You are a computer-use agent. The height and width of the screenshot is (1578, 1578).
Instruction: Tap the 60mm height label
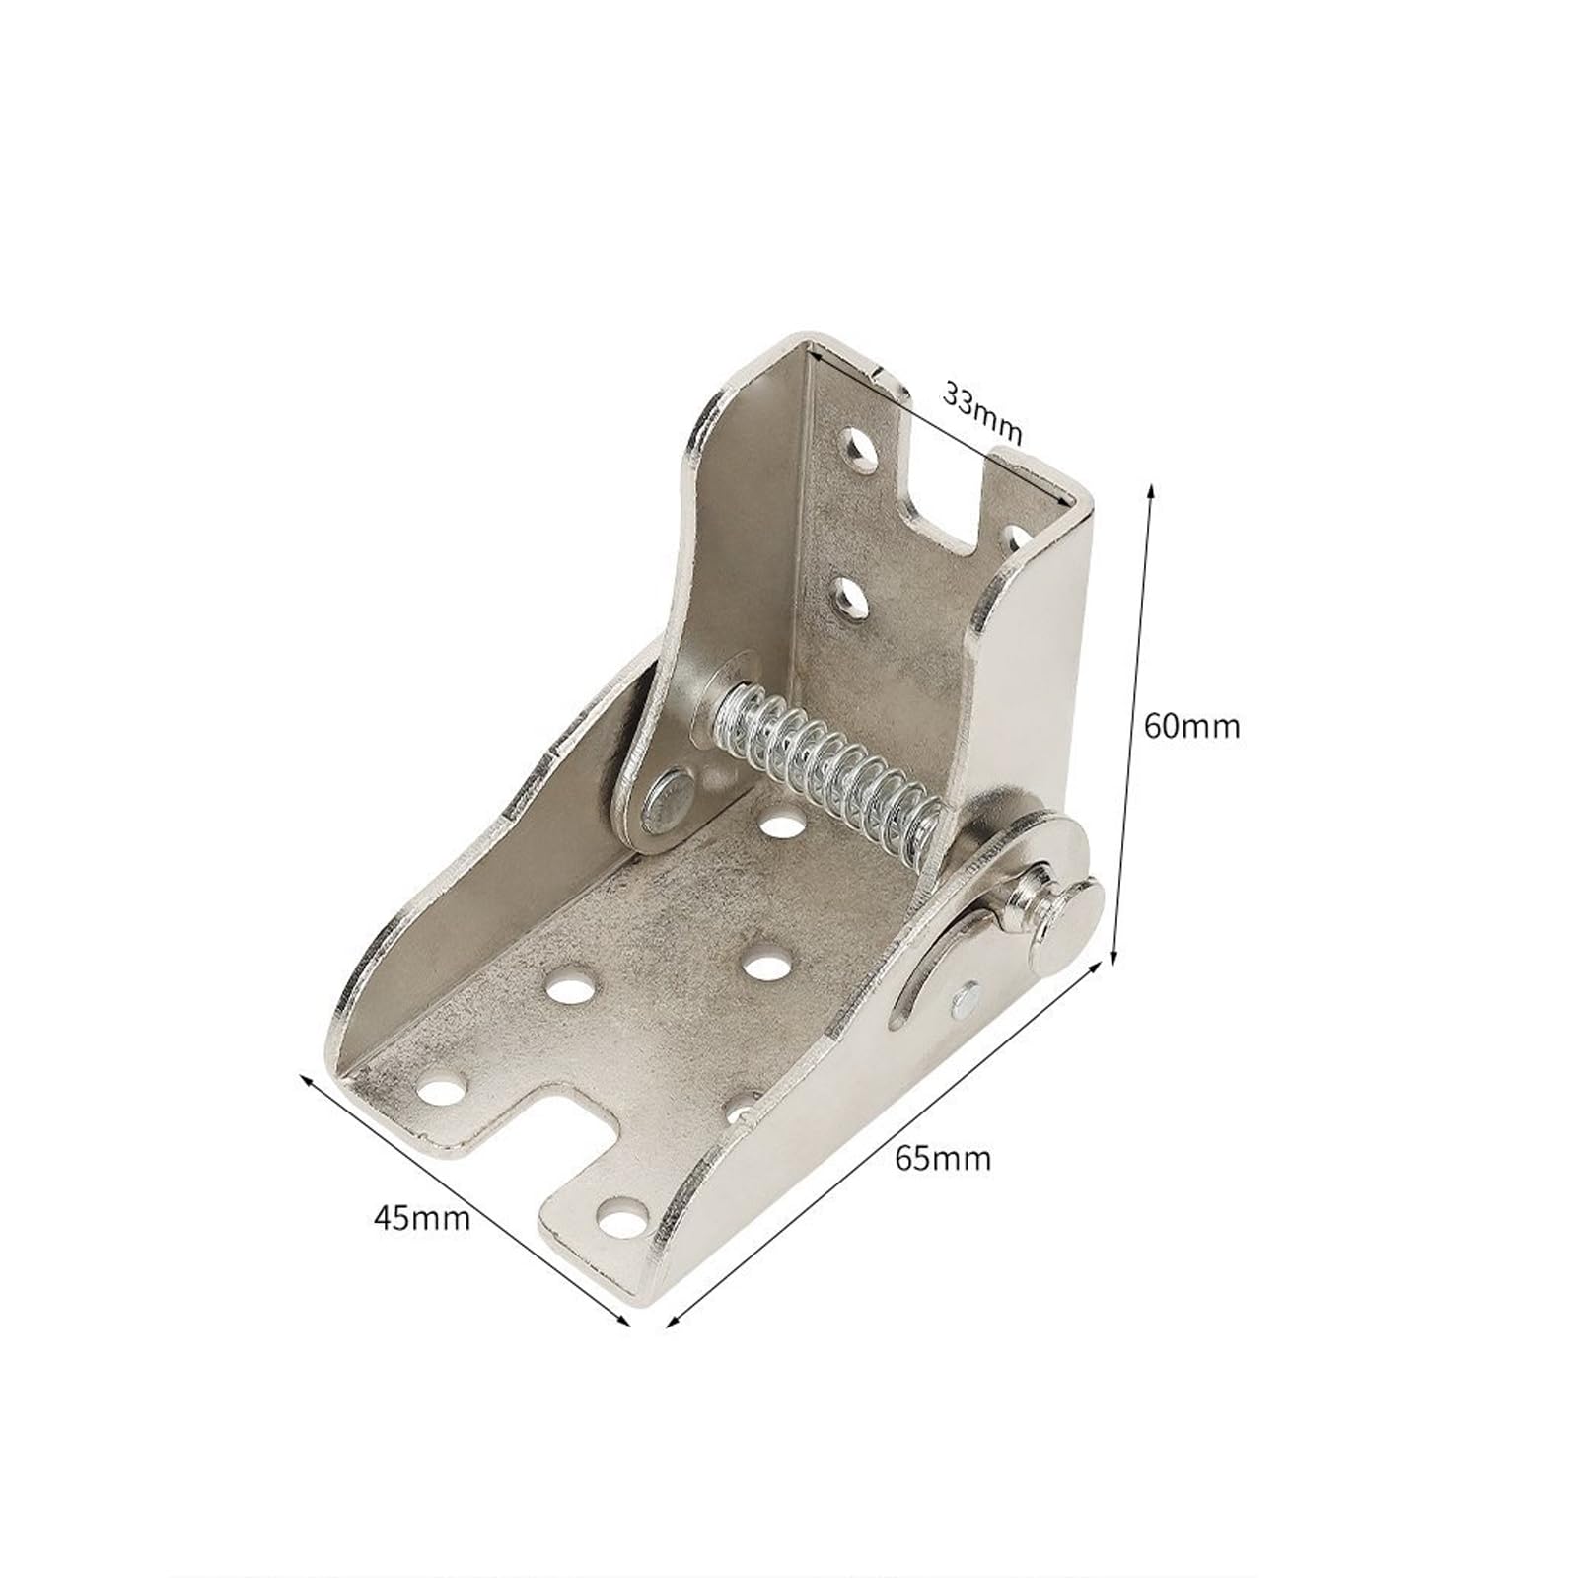click(x=1191, y=727)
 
